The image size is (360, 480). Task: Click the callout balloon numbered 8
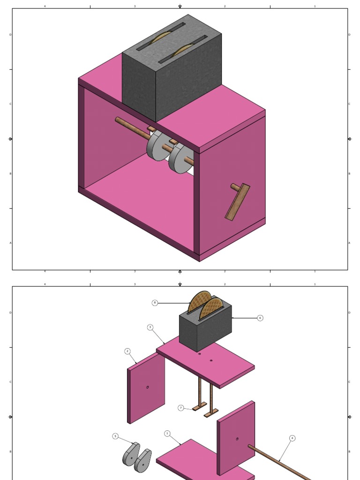pyautogui.click(x=155, y=303)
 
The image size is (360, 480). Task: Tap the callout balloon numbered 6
pyautogui.click(x=260, y=318)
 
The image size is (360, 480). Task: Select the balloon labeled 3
pyautogui.click(x=150, y=327)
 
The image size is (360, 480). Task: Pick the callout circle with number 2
pyautogui.click(x=127, y=351)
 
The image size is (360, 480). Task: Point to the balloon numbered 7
pyautogui.click(x=181, y=408)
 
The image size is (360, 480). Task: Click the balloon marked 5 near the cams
pyautogui.click(x=115, y=436)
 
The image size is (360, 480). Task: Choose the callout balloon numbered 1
pyautogui.click(x=167, y=434)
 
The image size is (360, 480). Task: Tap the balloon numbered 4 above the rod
pyautogui.click(x=292, y=438)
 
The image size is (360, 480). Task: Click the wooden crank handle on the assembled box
pyautogui.click(x=237, y=202)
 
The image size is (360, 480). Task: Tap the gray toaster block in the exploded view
pyautogui.click(x=206, y=328)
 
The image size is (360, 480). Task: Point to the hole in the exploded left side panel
pyautogui.click(x=148, y=387)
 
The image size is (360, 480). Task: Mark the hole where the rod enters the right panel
pyautogui.click(x=237, y=439)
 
